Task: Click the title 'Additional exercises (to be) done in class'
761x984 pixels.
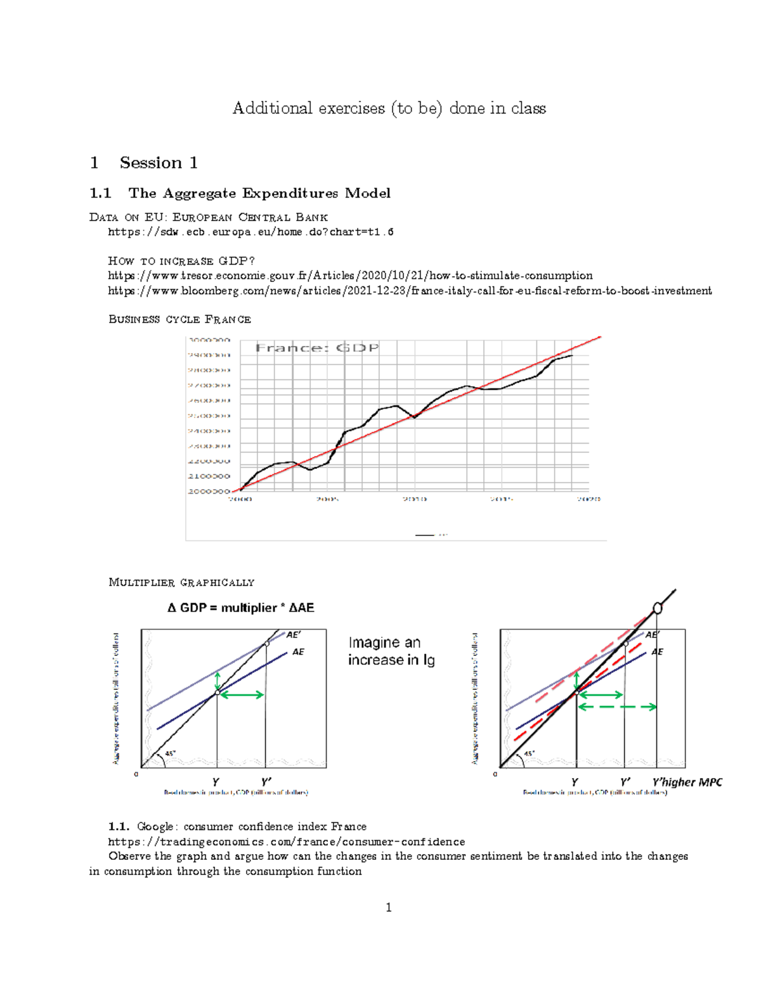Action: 389,108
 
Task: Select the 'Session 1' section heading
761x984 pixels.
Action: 159,163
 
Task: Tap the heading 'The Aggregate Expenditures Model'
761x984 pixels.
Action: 259,193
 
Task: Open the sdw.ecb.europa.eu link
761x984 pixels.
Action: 250,232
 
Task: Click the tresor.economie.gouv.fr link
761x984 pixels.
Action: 350,276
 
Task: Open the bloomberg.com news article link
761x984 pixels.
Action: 410,291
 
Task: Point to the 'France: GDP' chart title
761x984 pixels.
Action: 317,348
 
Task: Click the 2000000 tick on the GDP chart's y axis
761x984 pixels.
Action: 209,491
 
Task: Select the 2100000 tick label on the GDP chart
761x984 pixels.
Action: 209,476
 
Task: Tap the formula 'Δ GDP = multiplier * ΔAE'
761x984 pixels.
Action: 240,608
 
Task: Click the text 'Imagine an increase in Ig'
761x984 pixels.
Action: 391,651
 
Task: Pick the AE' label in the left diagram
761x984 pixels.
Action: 294,634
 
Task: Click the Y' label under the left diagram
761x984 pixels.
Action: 266,783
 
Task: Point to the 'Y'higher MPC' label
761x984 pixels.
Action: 687,783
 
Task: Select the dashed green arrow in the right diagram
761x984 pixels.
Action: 618,707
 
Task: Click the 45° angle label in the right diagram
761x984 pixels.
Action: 529,754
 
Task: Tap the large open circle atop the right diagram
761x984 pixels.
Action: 658,608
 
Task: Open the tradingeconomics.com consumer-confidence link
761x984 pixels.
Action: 286,842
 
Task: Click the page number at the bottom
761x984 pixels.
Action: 389,908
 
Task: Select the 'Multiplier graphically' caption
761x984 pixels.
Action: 181,582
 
